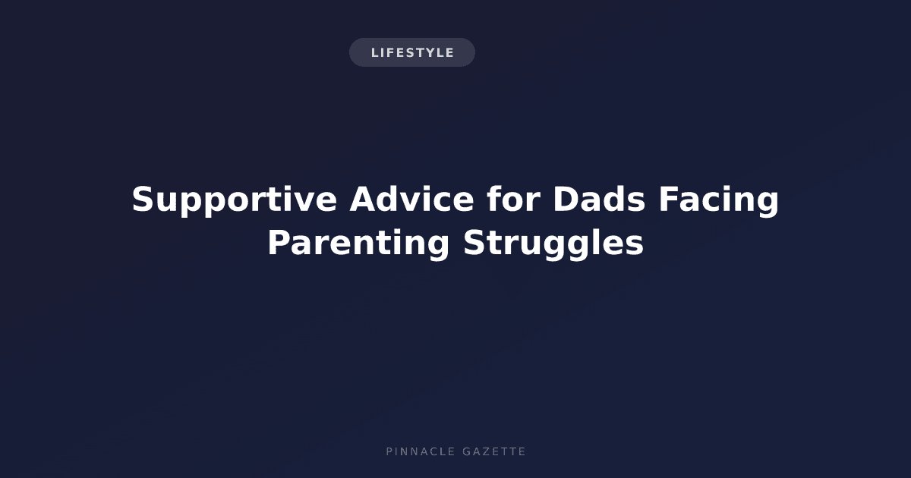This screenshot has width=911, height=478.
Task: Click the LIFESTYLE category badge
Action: coord(412,52)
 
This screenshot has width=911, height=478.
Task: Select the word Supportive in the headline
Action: coord(235,200)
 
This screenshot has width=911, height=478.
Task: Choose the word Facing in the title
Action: coord(719,200)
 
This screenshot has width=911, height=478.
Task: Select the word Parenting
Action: coord(358,244)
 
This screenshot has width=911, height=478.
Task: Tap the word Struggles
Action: coord(553,244)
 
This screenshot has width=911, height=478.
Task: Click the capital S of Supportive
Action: coord(143,199)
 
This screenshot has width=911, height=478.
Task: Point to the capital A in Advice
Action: coord(363,199)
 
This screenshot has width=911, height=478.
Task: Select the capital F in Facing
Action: coord(669,199)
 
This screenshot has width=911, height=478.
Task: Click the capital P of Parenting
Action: coord(279,243)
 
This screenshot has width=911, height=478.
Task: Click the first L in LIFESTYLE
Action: coord(375,53)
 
